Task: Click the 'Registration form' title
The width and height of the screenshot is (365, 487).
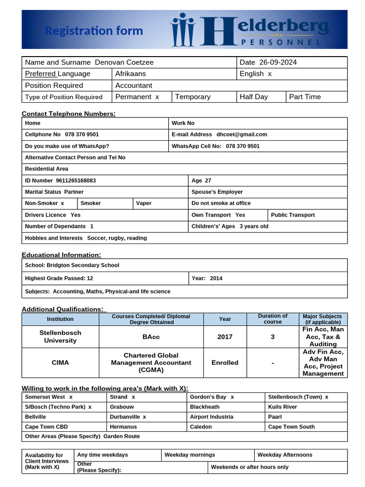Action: pos(94,31)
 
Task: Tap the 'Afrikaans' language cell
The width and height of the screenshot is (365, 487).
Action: pos(131,74)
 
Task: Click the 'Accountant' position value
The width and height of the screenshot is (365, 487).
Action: pos(134,86)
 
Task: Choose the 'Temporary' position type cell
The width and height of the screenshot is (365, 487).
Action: pos(192,97)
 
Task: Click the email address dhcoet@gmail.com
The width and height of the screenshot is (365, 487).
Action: pos(241,135)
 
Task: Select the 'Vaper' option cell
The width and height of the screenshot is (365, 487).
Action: pos(144,204)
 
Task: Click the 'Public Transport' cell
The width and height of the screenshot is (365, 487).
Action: pos(293,215)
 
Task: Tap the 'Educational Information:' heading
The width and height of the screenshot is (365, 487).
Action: pos(61,255)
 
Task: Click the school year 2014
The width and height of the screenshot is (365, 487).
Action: pos(216,279)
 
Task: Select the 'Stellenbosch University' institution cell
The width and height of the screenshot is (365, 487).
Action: pos(60,337)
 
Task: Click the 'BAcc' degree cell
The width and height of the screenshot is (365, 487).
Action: pos(151,337)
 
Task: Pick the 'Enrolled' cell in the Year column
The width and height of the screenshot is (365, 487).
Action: pos(225,363)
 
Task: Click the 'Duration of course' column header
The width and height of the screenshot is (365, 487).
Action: pos(272,319)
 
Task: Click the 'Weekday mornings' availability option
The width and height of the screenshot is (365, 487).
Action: pos(190,455)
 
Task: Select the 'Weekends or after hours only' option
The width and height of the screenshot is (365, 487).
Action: pos(250,467)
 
